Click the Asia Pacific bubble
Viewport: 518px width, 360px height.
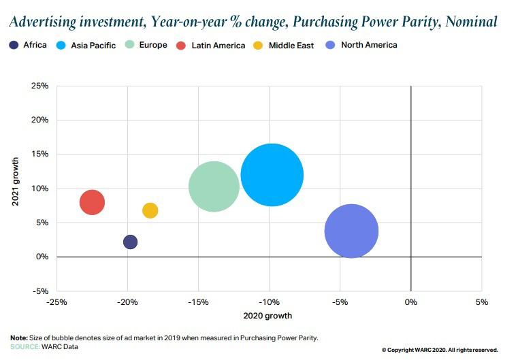[272, 175]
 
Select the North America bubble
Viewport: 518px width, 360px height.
[351, 231]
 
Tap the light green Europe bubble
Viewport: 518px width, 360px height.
[214, 186]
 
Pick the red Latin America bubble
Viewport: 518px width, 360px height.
[92, 202]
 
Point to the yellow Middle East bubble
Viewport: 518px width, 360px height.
[150, 210]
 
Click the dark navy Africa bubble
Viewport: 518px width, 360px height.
[130, 242]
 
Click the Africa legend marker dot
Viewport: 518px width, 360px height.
[14, 46]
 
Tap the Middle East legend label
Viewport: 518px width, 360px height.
[291, 46]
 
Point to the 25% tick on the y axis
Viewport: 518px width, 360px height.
[39, 86]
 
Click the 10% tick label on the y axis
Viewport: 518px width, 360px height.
[39, 189]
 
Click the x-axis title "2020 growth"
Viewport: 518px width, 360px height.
[269, 316]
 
